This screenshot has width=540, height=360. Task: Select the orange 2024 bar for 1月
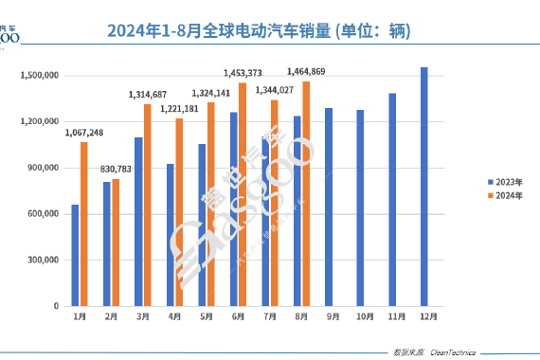click(x=84, y=224)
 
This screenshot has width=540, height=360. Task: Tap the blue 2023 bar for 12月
click(x=423, y=187)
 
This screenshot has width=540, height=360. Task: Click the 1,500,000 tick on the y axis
click(x=40, y=75)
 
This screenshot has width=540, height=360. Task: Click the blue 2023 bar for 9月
click(x=329, y=207)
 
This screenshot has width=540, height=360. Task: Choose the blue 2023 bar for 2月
click(x=107, y=243)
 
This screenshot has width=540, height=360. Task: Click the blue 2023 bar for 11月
click(x=392, y=200)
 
